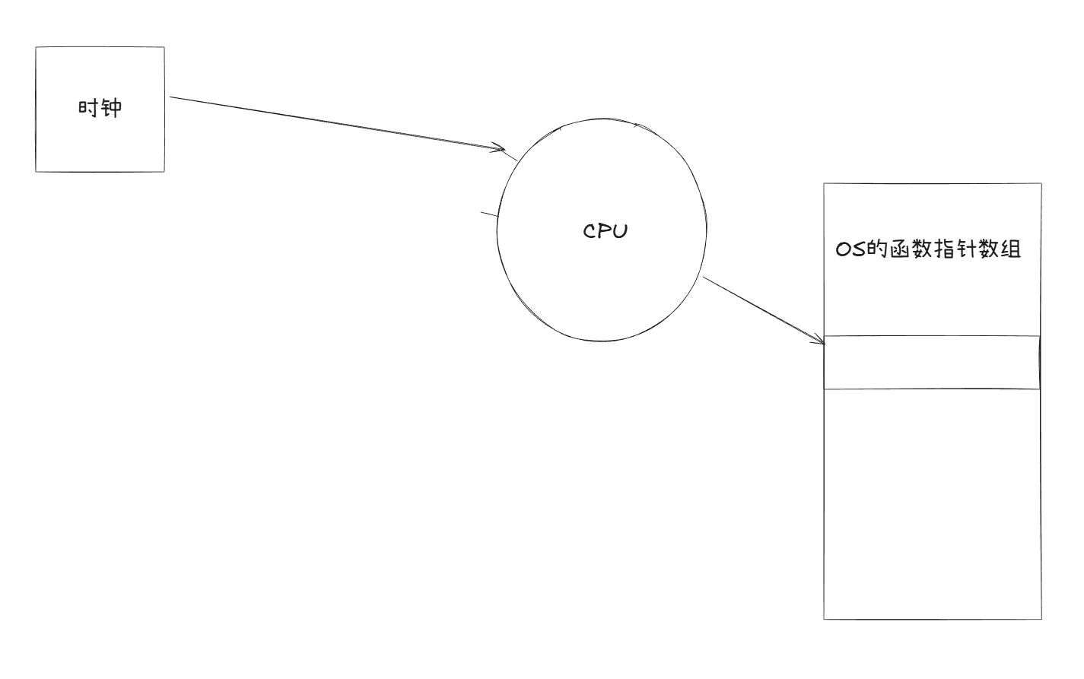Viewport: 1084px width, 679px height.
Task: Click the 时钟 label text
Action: click(x=100, y=108)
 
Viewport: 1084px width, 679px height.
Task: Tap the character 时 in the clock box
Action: click(x=88, y=108)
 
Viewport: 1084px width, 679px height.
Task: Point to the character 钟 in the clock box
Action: click(x=111, y=108)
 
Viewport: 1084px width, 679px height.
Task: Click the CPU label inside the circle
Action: click(x=606, y=231)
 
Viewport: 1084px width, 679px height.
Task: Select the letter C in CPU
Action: click(x=590, y=231)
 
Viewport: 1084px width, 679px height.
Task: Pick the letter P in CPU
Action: click(x=606, y=231)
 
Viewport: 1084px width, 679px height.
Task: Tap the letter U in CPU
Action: click(x=620, y=231)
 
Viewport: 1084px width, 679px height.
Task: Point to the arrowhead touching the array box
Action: click(x=819, y=341)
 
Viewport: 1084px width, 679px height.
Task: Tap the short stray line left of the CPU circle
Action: click(x=490, y=215)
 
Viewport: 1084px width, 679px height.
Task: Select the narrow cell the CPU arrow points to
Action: click(x=932, y=362)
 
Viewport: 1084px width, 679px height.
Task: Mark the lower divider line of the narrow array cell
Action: click(x=932, y=389)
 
